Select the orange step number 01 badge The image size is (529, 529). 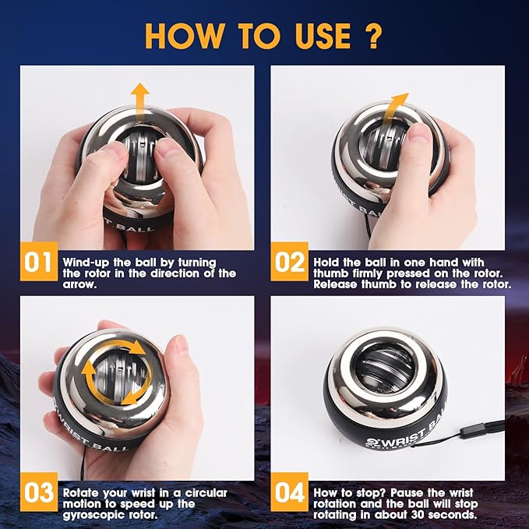pos(37,263)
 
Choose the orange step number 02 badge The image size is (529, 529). pos(287,263)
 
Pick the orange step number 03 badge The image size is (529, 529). pos(37,492)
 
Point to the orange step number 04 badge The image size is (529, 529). pos(287,492)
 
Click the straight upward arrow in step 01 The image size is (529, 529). pos(139,101)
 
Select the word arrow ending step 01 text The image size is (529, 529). pos(79,285)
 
